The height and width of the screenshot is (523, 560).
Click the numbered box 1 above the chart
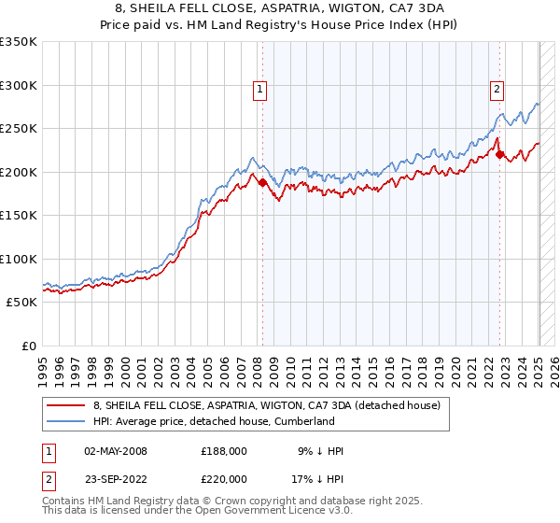point(259,90)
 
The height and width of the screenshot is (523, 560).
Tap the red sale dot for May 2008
point(262,183)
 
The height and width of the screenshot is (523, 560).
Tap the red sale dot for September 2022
point(500,155)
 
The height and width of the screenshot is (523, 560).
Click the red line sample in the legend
point(66,405)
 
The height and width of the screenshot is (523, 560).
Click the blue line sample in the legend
point(66,421)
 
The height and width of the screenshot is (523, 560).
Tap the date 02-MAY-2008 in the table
point(116,451)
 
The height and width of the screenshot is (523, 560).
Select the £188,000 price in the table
point(224,451)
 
